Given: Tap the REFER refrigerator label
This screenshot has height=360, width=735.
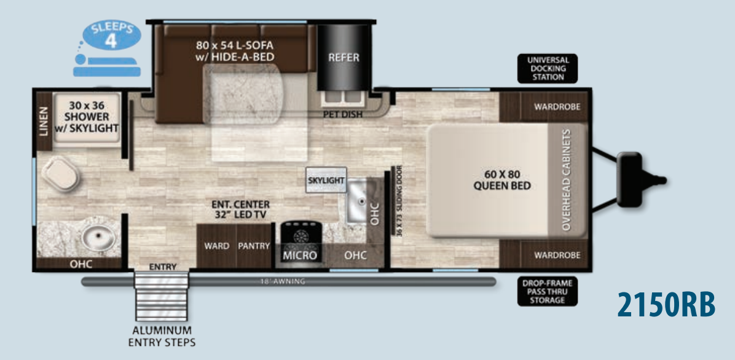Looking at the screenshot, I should pos(344,58).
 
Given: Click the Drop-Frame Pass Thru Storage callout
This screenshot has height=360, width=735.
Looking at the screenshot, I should pos(548,291).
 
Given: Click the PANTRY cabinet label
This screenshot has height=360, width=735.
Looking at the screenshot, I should pos(254,246).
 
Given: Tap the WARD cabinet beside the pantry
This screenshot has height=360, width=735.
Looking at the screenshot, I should pos(216,246).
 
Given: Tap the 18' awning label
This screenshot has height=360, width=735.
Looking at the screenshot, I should pos(282,281).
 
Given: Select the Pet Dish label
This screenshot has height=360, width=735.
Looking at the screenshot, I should pos(343,114).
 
